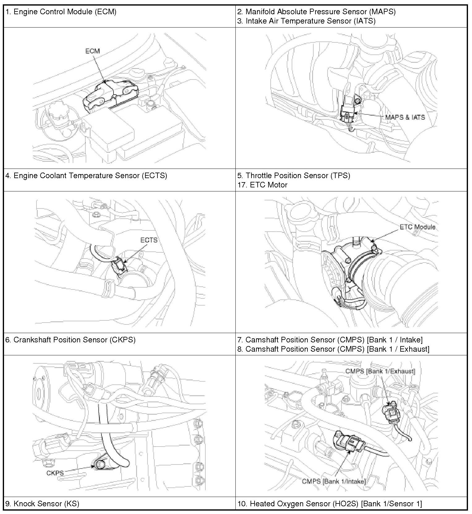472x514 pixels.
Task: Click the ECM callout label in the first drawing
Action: click(x=92, y=51)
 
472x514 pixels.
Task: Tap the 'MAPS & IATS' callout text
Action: click(x=405, y=118)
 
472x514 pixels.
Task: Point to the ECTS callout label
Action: click(x=149, y=240)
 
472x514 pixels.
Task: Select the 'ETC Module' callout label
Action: click(x=417, y=227)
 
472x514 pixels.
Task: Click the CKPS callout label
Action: click(x=55, y=473)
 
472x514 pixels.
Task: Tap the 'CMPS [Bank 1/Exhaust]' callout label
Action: click(x=380, y=371)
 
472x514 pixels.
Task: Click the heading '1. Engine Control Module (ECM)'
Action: click(x=61, y=12)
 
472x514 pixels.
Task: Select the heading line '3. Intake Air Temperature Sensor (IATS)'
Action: click(x=306, y=21)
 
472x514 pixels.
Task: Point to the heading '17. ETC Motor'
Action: click(x=262, y=185)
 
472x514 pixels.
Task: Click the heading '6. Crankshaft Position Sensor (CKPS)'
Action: click(x=71, y=340)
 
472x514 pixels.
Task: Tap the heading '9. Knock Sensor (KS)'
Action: click(x=42, y=504)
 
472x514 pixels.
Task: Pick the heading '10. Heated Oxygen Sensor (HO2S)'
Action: click(x=329, y=504)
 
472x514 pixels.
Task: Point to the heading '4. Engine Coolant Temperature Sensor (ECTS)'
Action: click(x=86, y=176)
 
